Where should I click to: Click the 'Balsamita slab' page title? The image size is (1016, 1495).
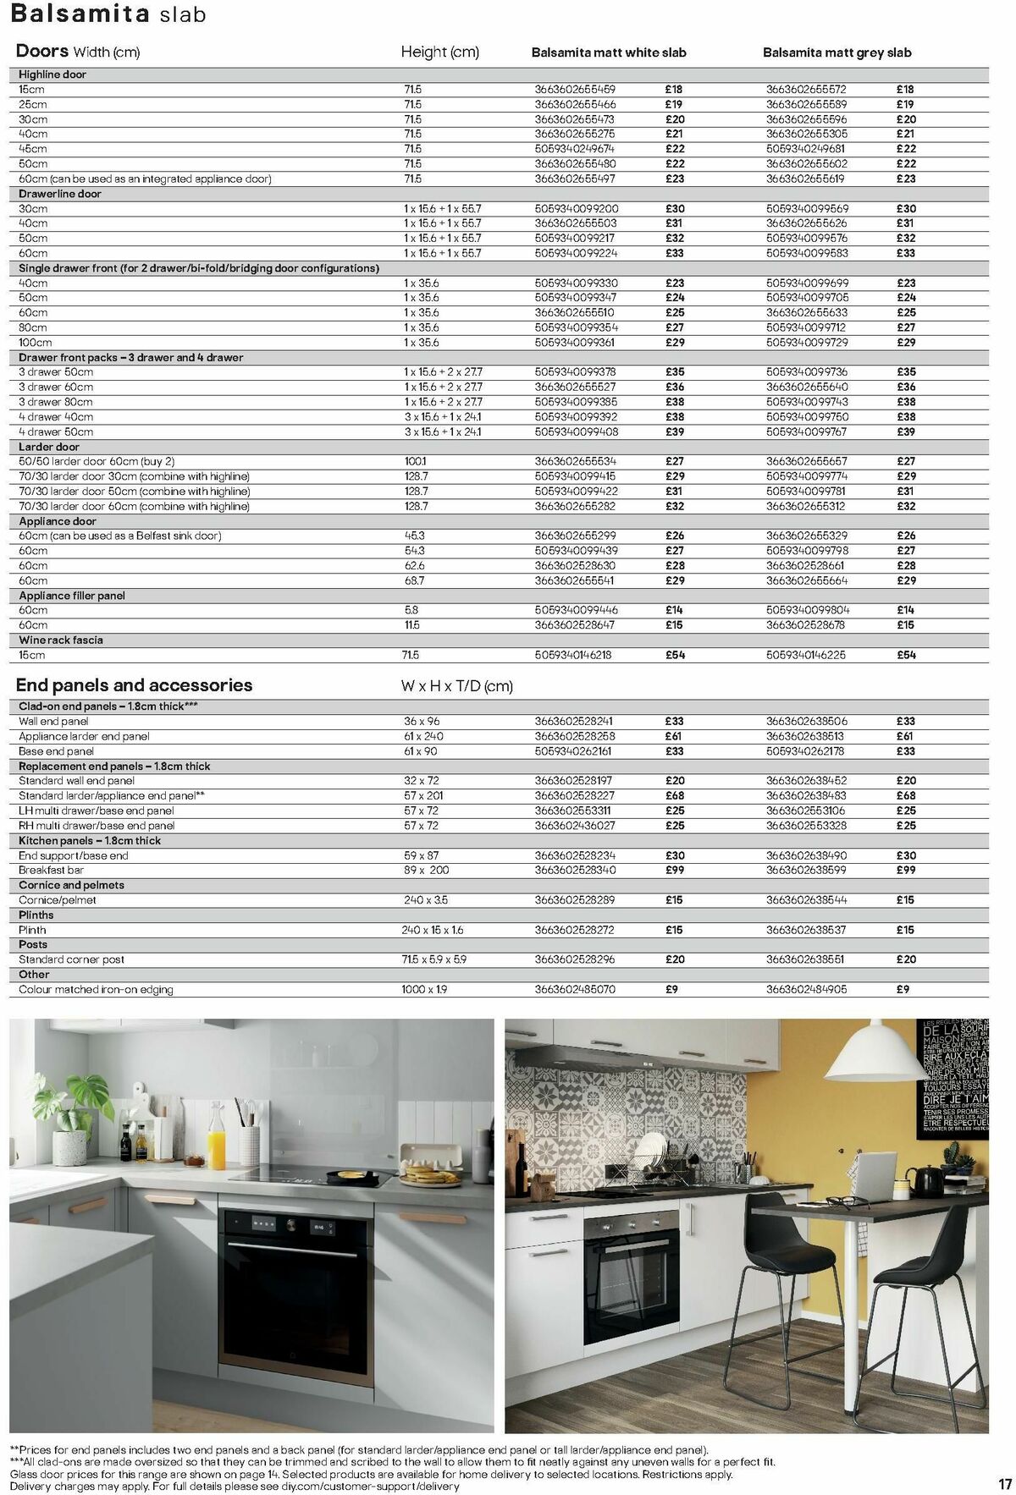pos(108,14)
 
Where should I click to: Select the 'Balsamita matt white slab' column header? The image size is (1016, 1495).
pos(609,52)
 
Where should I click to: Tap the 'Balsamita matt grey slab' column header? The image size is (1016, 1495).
pos(837,52)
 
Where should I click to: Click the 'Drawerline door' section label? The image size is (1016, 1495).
pos(60,194)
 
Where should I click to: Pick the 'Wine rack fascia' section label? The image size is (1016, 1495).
pos(61,640)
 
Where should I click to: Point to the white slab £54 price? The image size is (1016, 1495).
pos(675,655)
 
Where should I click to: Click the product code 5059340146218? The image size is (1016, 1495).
pos(573,655)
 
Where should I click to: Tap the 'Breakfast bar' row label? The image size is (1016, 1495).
pos(52,870)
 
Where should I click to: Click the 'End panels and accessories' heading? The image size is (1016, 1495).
pos(134,685)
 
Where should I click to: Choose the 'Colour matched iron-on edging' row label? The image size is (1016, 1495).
pos(96,989)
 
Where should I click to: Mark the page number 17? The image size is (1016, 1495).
pos(1005,1483)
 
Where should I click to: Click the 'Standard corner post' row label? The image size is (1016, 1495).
pos(71,959)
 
